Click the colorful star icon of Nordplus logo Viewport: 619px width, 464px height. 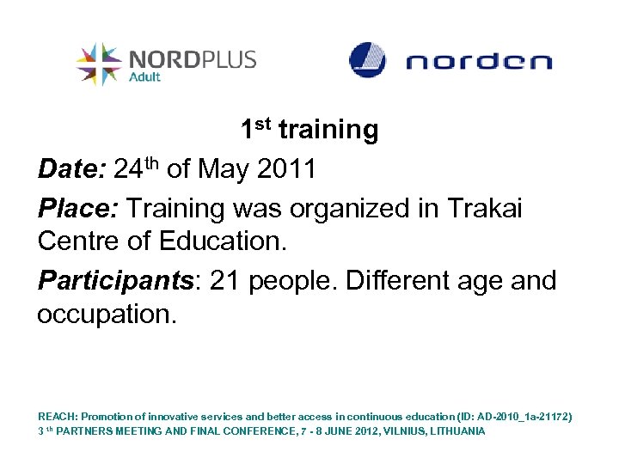[x=99, y=64]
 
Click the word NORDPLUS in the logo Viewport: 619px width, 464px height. [x=192, y=59]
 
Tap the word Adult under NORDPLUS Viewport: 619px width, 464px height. [x=145, y=76]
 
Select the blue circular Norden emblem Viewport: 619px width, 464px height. [x=367, y=60]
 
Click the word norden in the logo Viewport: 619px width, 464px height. [x=479, y=62]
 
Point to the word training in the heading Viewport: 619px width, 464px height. [x=328, y=131]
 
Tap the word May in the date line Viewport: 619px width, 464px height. [x=222, y=169]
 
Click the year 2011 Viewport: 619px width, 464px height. [x=285, y=169]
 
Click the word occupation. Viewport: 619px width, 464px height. [x=107, y=314]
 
